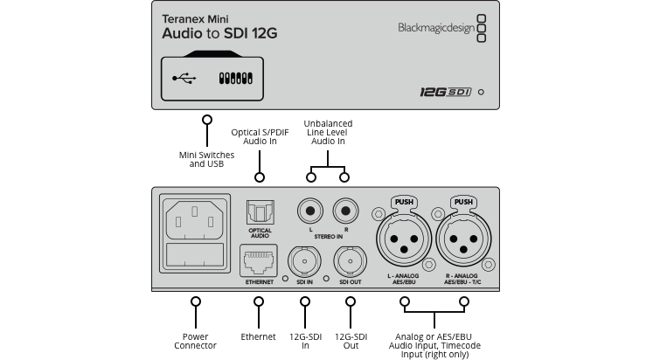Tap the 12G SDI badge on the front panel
point(438,91)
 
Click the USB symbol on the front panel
point(184,78)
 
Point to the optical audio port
point(260,211)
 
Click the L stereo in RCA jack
point(309,211)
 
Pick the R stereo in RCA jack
point(344,211)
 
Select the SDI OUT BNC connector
point(350,260)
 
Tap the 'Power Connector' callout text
point(195,340)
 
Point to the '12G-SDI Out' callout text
point(351,340)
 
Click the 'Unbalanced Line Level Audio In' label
point(328,132)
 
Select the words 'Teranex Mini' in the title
point(192,17)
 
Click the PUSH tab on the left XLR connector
point(404,202)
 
